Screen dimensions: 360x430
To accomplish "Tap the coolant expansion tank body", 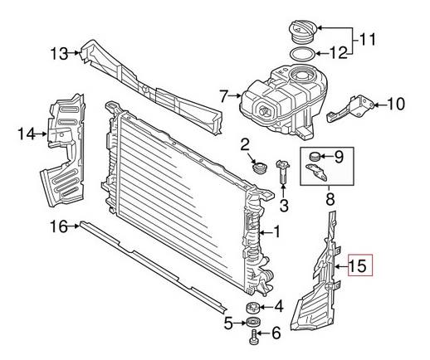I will pos(274,104).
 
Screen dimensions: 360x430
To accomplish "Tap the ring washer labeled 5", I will pos(252,323).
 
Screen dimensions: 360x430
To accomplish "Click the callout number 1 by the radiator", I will pos(278,234).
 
